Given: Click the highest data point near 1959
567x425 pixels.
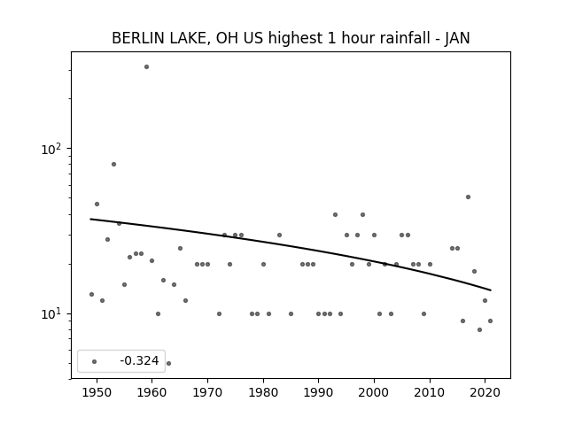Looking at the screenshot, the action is pyautogui.click(x=146, y=67).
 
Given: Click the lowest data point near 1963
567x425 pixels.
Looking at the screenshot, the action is pyautogui.click(x=168, y=363).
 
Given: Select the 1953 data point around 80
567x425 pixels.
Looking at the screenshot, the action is pyautogui.click(x=113, y=164).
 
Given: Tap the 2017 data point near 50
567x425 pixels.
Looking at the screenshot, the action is pyautogui.click(x=468, y=197).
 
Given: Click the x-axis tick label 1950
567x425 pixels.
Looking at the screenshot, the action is pyautogui.click(x=97, y=392).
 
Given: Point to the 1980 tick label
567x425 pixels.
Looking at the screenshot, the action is pyautogui.click(x=263, y=392).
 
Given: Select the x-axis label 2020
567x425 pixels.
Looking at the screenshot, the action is pyautogui.click(x=485, y=392).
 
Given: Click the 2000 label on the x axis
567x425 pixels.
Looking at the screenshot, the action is pyautogui.click(x=374, y=392).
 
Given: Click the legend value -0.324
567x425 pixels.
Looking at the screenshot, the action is pyautogui.click(x=139, y=360).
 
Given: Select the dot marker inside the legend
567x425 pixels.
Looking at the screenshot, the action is pyautogui.click(x=94, y=361).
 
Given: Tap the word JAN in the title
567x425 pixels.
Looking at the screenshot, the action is pyautogui.click(x=457, y=38).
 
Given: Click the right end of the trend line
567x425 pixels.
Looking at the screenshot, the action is pyautogui.click(x=491, y=290).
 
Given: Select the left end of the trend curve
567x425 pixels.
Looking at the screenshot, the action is pyautogui.click(x=90, y=219).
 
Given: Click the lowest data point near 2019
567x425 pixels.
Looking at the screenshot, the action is pyautogui.click(x=479, y=329).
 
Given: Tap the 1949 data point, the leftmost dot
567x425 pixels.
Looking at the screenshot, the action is pyautogui.click(x=91, y=294).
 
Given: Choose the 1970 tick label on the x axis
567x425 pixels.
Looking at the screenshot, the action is pyautogui.click(x=207, y=392).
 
